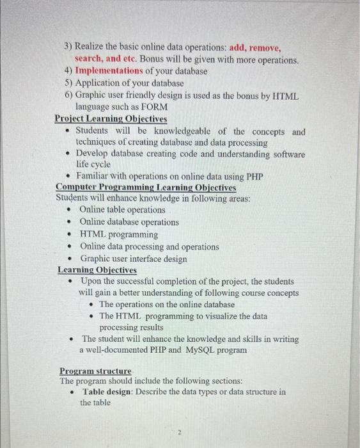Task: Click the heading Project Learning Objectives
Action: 111,119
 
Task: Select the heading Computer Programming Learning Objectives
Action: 146,188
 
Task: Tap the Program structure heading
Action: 95,371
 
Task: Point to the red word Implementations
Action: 108,71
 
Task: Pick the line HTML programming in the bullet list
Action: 119,234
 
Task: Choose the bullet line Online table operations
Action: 122,210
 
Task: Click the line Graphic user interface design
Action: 134,259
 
